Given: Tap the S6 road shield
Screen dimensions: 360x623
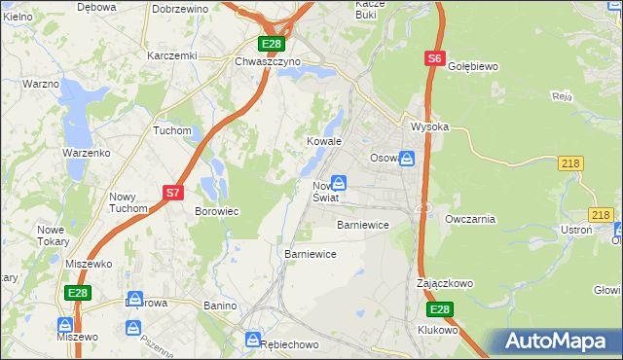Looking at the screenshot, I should point(434,59).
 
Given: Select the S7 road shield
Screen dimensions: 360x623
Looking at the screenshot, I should point(172,193).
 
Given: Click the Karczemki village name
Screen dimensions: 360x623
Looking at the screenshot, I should point(171,55).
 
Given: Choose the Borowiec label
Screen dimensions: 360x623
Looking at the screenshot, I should point(217,210).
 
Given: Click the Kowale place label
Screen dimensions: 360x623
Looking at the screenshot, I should point(324,141).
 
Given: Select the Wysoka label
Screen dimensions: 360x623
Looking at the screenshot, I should point(429,126).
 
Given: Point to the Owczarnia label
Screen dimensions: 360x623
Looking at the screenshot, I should point(470,219).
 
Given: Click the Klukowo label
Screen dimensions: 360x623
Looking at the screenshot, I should point(438,330).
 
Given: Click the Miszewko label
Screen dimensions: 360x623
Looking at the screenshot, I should point(89,264).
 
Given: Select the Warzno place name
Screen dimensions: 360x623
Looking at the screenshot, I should point(41,84).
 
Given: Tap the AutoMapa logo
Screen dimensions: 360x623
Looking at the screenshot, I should point(558,342).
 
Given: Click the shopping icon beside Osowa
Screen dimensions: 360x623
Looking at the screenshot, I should point(408,158).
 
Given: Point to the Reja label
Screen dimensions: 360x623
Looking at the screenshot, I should point(560,96).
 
